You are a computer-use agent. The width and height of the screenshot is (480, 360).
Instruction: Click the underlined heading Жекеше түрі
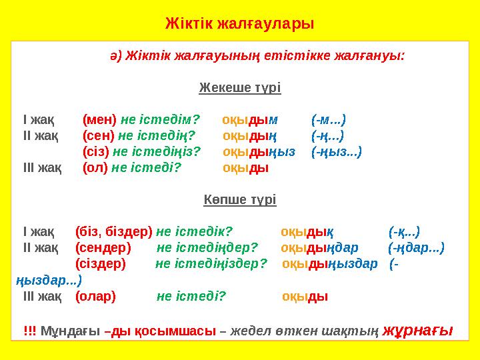pos(240,88)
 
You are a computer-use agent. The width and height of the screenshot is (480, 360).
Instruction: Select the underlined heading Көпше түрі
pos(240,199)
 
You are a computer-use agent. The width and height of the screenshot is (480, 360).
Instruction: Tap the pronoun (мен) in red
pos(99,120)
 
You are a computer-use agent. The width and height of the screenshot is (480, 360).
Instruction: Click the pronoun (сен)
pos(99,136)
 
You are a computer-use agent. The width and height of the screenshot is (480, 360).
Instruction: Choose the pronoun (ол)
pos(95,168)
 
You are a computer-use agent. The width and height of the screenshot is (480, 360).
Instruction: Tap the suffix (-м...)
pos(328,120)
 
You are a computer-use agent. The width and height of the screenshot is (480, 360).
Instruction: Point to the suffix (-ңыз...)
pos(337,152)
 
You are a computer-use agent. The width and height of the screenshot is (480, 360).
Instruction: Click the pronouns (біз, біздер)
pos(114,231)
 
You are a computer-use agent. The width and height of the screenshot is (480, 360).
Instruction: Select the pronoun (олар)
pos(95,295)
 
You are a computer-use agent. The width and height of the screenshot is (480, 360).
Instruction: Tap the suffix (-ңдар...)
pos(417,247)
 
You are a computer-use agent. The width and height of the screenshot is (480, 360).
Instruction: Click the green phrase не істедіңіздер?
pos(211,263)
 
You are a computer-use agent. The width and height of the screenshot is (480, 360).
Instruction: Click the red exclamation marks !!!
pos(30,331)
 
